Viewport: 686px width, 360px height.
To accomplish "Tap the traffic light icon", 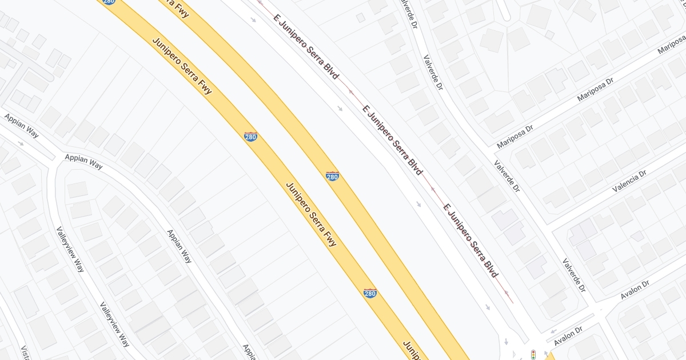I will click(x=533, y=354).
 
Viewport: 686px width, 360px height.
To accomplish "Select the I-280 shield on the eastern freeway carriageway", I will click(x=332, y=176).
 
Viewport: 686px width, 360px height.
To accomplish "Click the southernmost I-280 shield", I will click(x=370, y=293).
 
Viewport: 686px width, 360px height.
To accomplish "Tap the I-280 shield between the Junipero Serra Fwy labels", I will click(x=250, y=137).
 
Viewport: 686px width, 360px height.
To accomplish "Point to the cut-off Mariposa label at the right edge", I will click(x=671, y=45).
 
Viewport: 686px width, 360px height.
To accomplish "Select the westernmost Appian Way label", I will click(x=21, y=125).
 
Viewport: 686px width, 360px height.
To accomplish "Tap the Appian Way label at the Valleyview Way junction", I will click(x=83, y=161).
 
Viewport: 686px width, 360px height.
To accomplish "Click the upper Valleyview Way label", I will click(x=70, y=249).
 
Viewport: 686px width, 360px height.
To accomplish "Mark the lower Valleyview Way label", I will click(x=114, y=324).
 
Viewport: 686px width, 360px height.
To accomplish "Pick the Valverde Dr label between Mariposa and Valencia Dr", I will click(x=507, y=175).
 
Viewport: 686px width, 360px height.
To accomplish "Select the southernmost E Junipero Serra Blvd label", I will click(x=471, y=240).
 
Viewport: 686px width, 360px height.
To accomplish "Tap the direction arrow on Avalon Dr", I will click(x=553, y=331).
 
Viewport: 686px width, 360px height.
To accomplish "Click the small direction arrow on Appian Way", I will click(x=21, y=143).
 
